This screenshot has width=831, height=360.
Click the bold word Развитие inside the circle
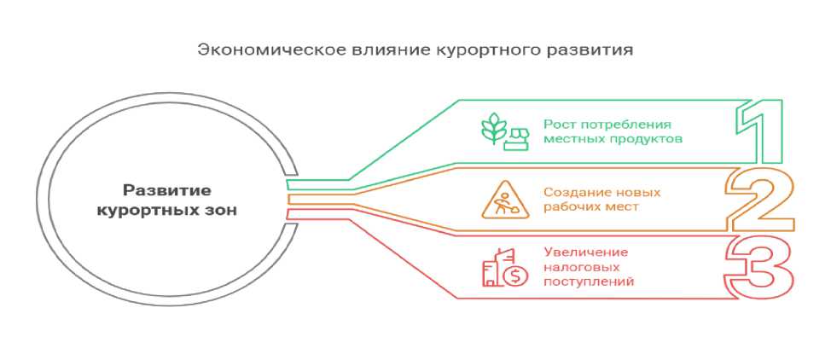pos(167,190)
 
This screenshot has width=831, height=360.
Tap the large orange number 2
pos(761,200)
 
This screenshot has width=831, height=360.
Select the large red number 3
pos(761,267)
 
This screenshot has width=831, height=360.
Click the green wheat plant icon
pos(493,128)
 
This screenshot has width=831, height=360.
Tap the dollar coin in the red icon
pos(515,276)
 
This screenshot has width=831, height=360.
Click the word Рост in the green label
pos(557,125)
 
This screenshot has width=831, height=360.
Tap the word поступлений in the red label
pos(589,282)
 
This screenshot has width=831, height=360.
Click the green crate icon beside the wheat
pos(516,138)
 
